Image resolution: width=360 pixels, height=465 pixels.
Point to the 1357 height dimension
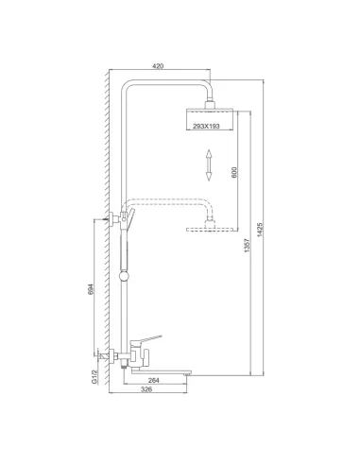(x=248, y=253)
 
